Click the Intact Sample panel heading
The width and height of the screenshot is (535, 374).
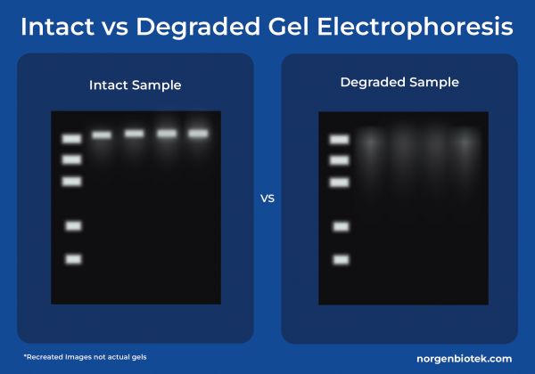(135, 85)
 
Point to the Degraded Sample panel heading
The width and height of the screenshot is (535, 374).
(399, 83)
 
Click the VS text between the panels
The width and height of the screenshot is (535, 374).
(267, 198)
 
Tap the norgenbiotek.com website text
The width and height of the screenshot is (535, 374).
(464, 358)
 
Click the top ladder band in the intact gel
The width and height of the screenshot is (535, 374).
(71, 139)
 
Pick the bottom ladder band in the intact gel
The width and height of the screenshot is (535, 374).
(73, 259)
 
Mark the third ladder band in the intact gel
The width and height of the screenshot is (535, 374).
(71, 182)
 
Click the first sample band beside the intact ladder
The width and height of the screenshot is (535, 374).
(102, 135)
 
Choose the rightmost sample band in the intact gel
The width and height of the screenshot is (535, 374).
(198, 134)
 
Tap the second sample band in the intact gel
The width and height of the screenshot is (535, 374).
(134, 134)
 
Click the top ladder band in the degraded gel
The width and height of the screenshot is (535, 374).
(339, 139)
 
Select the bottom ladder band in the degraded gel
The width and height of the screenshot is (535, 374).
(341, 259)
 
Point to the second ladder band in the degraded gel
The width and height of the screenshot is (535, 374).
(339, 160)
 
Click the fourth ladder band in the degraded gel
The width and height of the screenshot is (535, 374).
(341, 226)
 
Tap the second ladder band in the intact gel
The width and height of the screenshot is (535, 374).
(71, 159)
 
